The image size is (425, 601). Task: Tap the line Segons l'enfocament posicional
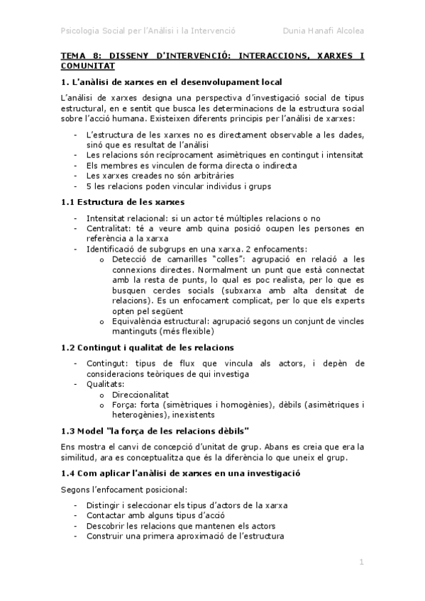pos(123,490)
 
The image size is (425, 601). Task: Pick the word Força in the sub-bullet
pos(124,405)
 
